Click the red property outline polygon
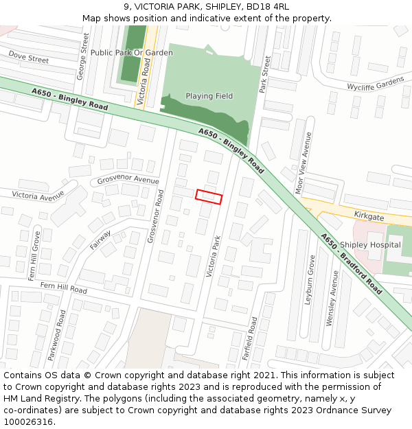(209, 196)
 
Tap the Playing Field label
(209, 96)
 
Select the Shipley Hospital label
(370, 245)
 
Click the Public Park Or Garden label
(132, 53)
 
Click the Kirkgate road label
(369, 216)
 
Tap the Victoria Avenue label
(38, 196)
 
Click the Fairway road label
(100, 240)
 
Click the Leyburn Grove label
(310, 279)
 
